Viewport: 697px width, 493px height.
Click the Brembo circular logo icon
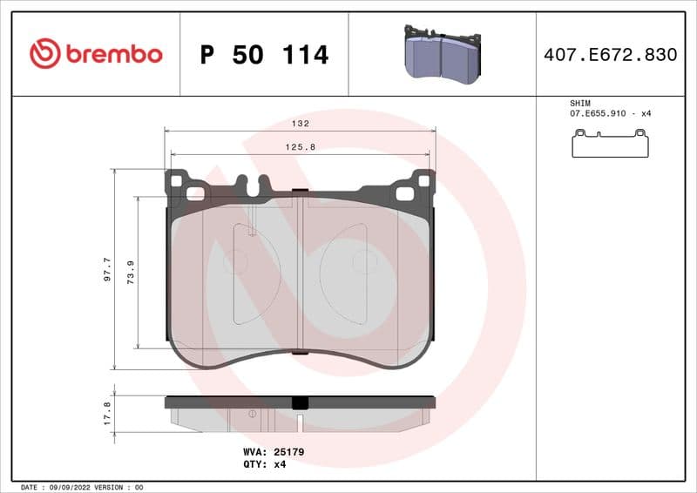(x=44, y=54)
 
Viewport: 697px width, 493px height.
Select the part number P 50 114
(x=264, y=55)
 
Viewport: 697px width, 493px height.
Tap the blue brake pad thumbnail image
(x=442, y=54)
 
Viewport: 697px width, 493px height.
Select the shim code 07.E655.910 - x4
(x=610, y=114)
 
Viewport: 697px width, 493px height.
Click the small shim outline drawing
(x=610, y=144)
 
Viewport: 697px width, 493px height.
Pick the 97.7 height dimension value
(x=107, y=269)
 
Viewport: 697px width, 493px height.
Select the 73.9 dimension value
(x=131, y=273)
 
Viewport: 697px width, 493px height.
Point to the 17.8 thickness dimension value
(x=107, y=413)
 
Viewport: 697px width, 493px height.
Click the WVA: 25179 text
(x=273, y=452)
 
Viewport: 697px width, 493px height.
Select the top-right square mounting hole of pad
(x=423, y=181)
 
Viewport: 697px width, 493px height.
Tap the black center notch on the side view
(x=300, y=402)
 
